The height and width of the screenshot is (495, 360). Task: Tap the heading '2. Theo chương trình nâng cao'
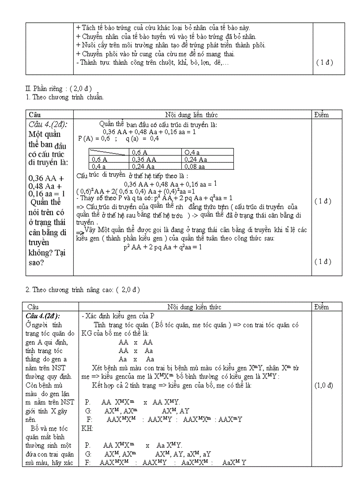(x=82, y=290)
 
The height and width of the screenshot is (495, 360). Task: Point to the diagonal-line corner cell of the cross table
(x=109, y=153)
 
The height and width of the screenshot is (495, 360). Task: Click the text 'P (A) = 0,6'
(x=94, y=138)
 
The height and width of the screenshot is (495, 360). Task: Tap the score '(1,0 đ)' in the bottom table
(x=323, y=385)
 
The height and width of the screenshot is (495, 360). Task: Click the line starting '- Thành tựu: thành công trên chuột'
(x=153, y=62)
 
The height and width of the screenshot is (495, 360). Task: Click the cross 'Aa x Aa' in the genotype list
(x=136, y=359)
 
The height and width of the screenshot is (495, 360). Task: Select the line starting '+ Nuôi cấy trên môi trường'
(x=171, y=45)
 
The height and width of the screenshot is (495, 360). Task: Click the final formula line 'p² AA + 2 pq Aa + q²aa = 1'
(x=163, y=247)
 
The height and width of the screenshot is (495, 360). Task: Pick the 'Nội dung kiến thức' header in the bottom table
(x=195, y=307)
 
